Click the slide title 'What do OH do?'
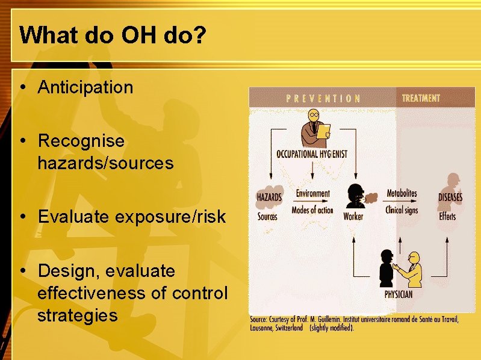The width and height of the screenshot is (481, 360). tap(113, 35)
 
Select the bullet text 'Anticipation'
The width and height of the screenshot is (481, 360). tap(85, 87)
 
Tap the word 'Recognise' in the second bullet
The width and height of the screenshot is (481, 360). tap(81, 141)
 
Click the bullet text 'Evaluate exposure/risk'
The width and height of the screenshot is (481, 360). tap(131, 217)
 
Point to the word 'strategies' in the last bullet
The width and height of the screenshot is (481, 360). tap(77, 315)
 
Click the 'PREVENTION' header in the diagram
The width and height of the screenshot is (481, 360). tap(323, 98)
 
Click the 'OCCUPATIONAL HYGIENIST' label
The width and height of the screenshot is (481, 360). tap(312, 154)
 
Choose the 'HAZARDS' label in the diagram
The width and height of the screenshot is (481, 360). tap(269, 197)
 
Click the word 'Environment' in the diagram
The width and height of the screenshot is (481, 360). tap(312, 194)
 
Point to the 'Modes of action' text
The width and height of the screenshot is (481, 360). tap(312, 210)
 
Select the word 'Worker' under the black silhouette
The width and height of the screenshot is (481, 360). tap(353, 216)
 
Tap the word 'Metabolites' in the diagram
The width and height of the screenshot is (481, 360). tap(402, 194)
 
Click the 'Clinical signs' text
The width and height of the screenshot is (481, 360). tap(402, 210)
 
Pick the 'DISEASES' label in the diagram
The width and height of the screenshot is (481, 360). tap(450, 197)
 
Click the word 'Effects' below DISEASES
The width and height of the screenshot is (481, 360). tap(447, 216)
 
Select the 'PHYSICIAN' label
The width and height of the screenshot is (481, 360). tap(399, 294)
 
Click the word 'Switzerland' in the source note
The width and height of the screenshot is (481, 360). tap(289, 329)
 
